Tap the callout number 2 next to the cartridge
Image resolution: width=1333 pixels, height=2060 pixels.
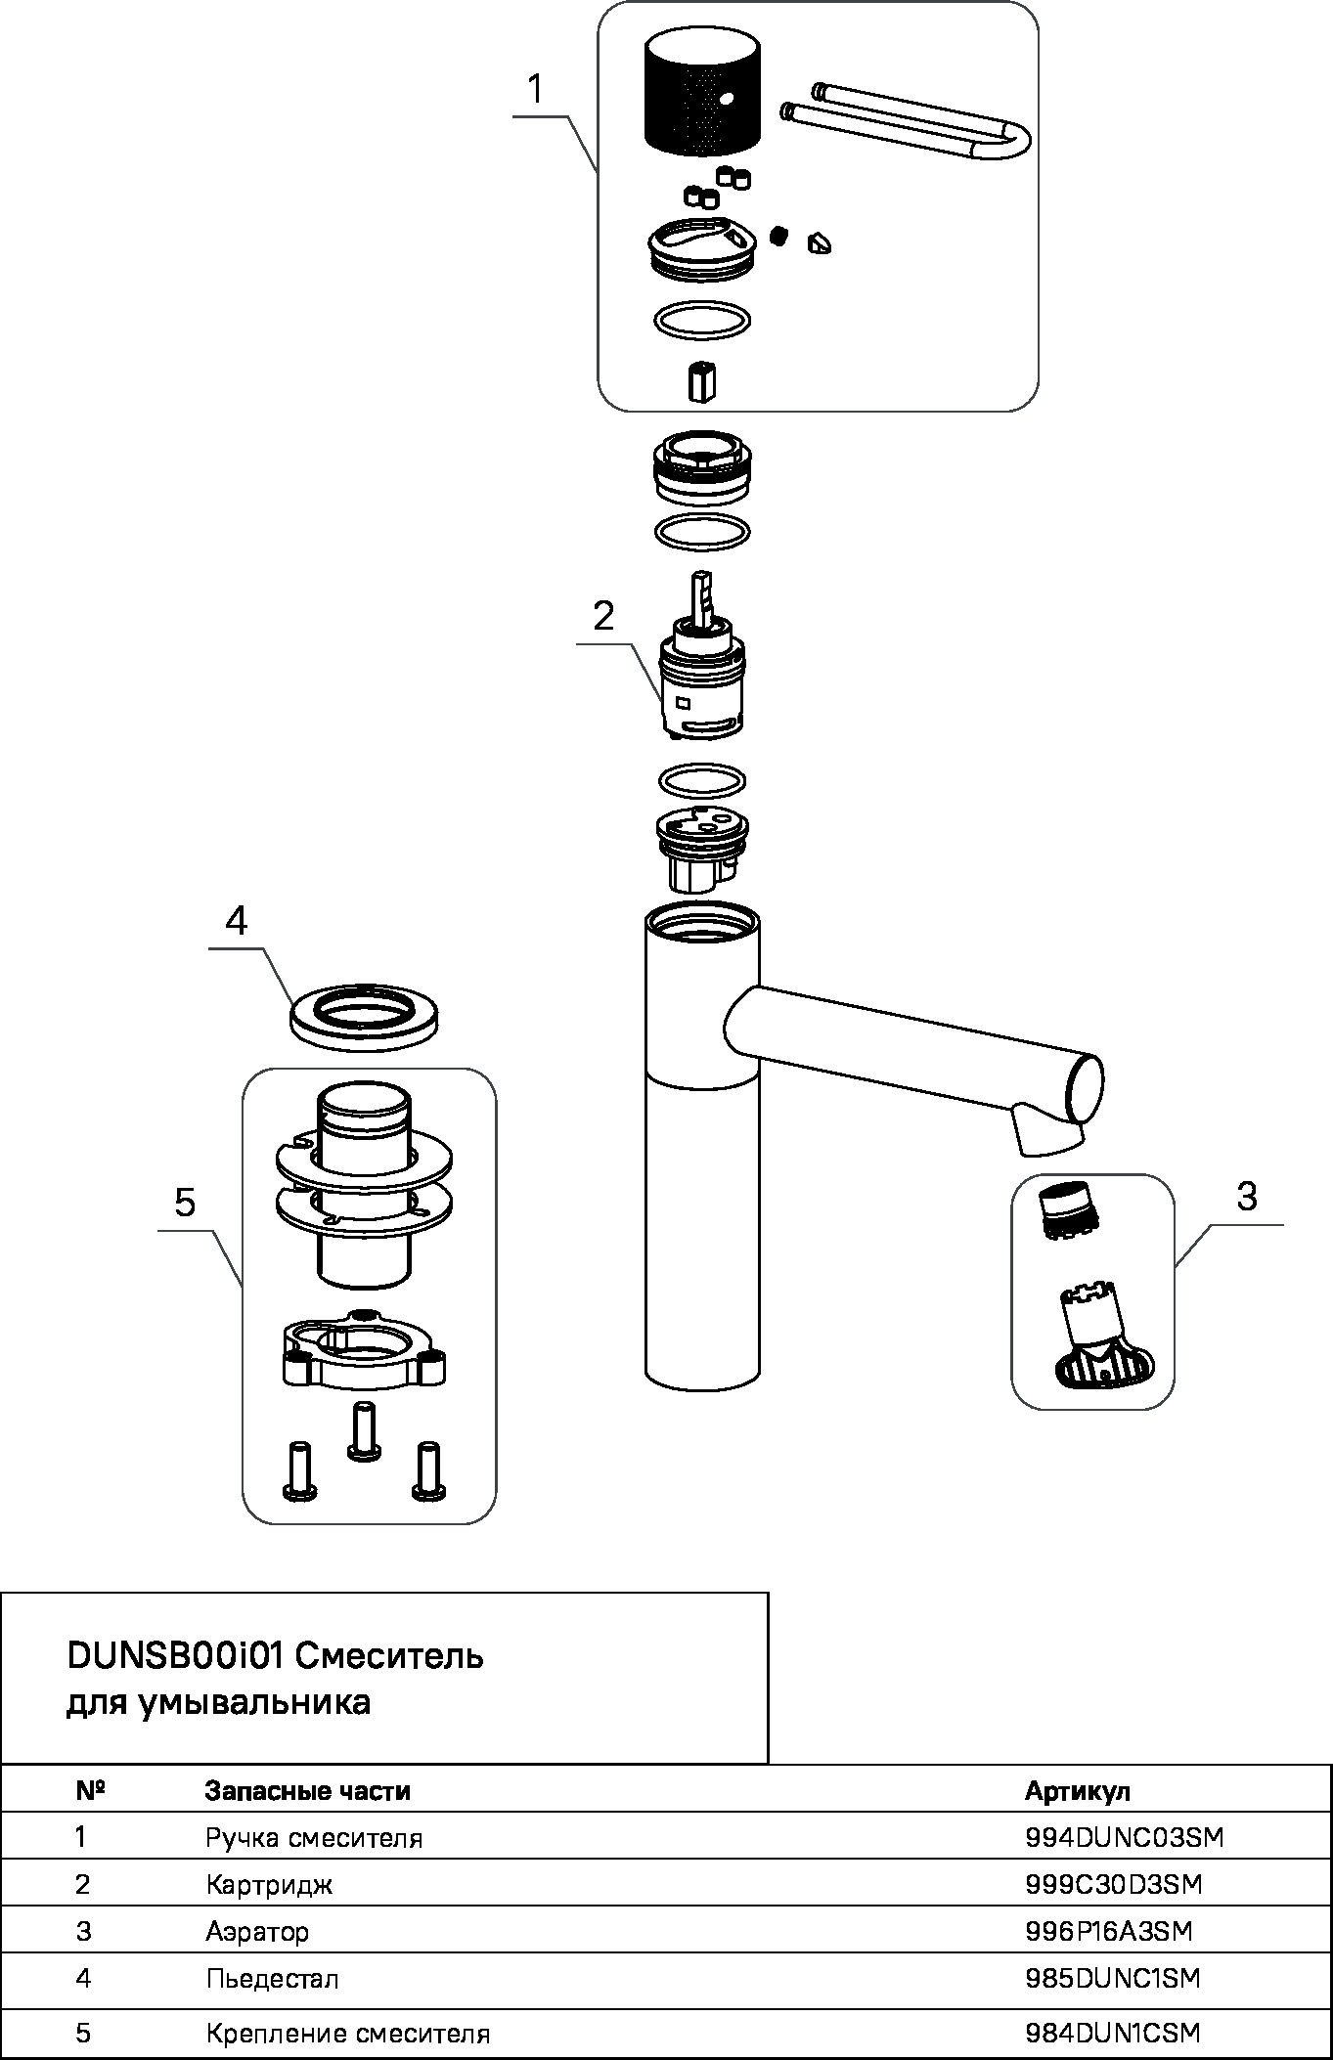[x=603, y=616]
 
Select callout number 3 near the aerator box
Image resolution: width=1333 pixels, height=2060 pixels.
[x=1246, y=1196]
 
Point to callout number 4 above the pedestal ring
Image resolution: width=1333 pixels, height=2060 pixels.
[x=236, y=920]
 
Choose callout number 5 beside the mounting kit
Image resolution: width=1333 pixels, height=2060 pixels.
[x=185, y=1203]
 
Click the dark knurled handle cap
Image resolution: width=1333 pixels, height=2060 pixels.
[x=702, y=93]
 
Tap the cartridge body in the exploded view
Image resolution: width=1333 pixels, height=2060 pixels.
[x=699, y=684]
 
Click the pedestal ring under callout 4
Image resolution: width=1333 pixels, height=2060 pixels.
[x=364, y=1017]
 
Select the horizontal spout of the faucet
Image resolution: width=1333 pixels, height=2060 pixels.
[x=910, y=1051]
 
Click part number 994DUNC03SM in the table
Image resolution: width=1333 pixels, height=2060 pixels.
[x=1125, y=1838]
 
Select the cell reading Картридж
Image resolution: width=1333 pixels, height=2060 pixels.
[x=269, y=1884]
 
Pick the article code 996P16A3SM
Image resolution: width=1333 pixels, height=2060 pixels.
[x=1109, y=1931]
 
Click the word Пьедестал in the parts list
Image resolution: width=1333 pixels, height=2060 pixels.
[x=272, y=1979]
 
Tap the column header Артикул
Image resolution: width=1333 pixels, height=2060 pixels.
[x=1077, y=1791]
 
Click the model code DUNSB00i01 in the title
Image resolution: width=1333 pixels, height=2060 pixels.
[x=175, y=1656]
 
